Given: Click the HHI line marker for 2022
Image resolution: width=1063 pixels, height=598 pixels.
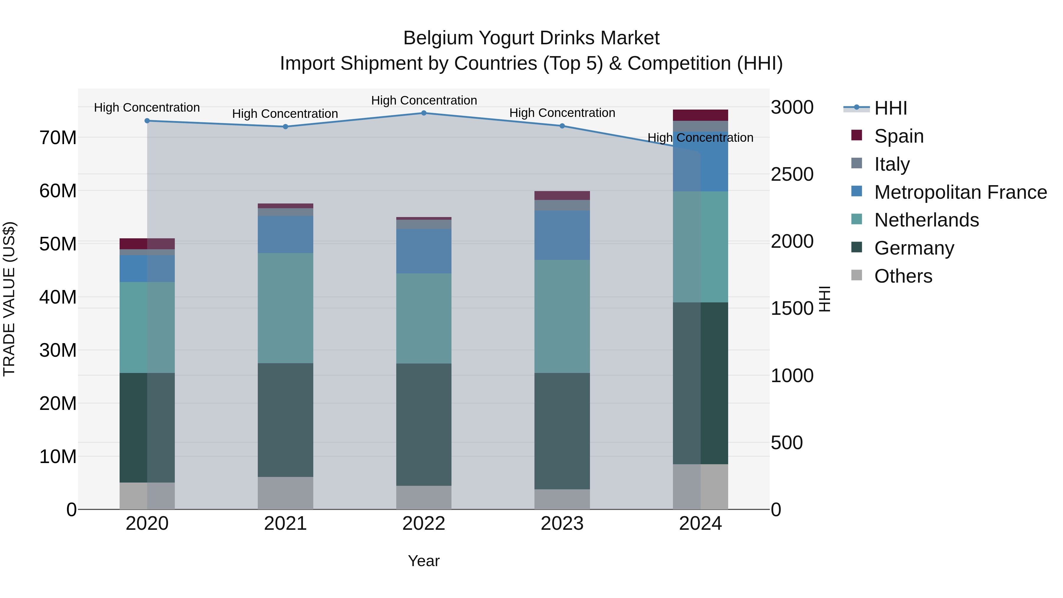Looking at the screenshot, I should tap(424, 113).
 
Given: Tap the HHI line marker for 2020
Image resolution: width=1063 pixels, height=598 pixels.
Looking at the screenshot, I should tap(147, 121).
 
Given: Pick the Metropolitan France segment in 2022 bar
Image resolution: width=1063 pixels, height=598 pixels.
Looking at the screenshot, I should tap(424, 251).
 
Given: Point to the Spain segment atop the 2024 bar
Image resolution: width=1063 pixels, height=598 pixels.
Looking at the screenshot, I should tap(700, 115).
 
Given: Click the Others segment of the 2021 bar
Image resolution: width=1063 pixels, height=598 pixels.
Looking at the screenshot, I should tap(286, 493).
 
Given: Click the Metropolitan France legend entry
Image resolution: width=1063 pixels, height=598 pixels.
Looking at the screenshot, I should tap(960, 192).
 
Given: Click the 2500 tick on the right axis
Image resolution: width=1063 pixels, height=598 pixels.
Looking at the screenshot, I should tap(792, 174).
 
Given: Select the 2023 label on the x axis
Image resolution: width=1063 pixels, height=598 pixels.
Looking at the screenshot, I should tap(562, 524).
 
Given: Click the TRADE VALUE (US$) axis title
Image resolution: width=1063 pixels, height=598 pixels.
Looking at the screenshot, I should tap(9, 299).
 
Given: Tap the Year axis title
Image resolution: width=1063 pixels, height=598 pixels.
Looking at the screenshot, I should tap(424, 561).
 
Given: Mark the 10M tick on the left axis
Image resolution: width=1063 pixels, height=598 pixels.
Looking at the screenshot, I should tap(58, 457).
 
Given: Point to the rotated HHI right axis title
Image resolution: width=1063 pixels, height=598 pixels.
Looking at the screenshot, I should tap(824, 299).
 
